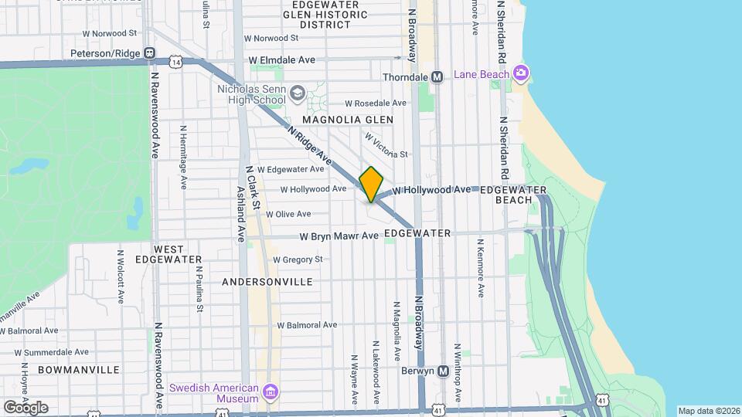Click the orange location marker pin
371,184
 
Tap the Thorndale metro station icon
437,77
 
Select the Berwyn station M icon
444,371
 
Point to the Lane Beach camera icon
521,73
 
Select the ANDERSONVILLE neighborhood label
267,282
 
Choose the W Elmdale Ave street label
281,59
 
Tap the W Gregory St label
297,259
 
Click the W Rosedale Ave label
375,103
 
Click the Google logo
25,407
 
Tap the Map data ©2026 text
709,411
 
